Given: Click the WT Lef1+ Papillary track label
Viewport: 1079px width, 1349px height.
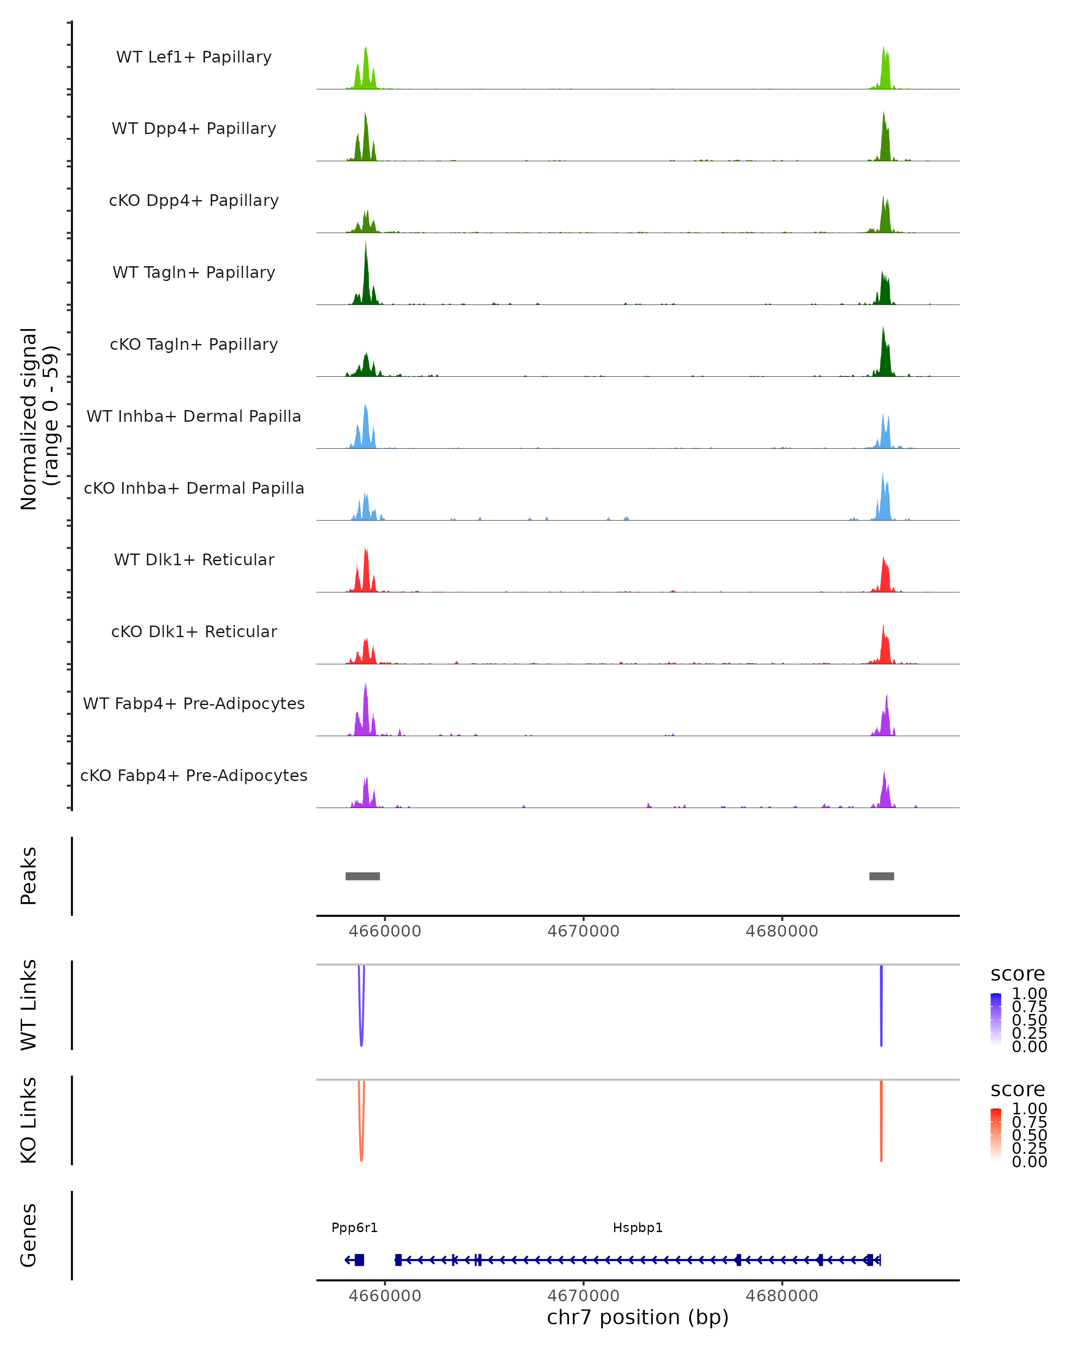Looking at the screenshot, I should click(x=194, y=57).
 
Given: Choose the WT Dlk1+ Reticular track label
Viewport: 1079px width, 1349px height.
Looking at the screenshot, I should click(x=194, y=559).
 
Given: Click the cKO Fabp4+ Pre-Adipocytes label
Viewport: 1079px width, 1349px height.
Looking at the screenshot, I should click(x=194, y=775).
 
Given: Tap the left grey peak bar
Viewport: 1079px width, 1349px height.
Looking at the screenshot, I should click(x=362, y=876).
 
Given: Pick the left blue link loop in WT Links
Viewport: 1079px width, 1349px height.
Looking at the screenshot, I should click(x=361, y=1026).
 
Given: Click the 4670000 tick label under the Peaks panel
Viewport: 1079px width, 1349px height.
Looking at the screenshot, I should click(x=583, y=931).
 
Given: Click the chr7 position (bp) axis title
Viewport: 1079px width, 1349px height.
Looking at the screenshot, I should click(x=638, y=1317).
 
